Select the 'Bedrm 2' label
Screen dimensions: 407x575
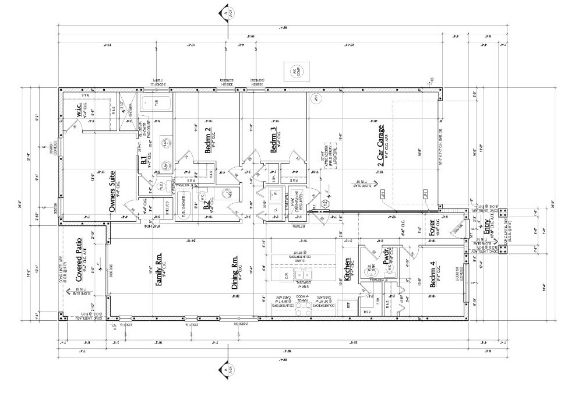click(x=208, y=140)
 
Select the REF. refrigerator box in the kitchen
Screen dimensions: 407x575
click(x=348, y=305)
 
